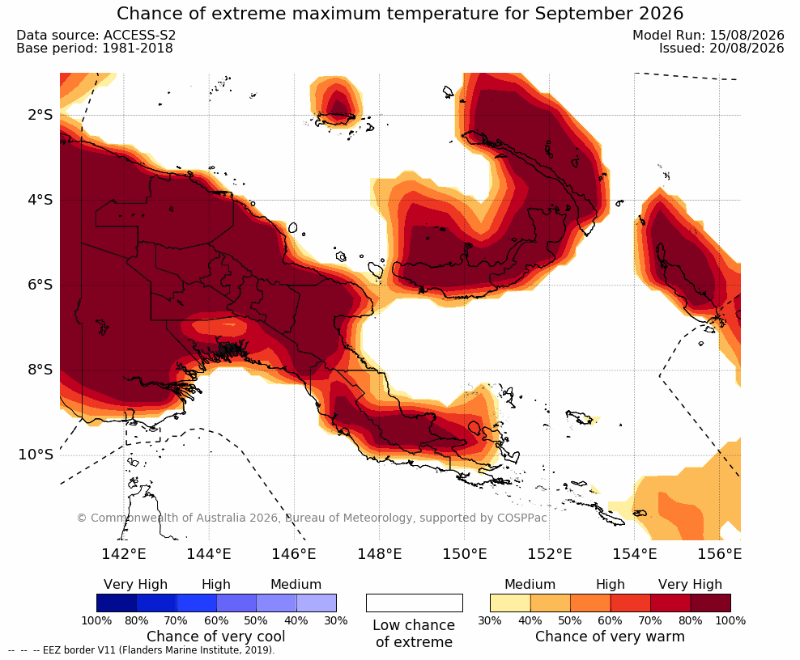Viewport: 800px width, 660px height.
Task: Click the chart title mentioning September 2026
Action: coord(400,14)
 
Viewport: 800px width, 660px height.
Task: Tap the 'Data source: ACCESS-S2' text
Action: coord(96,35)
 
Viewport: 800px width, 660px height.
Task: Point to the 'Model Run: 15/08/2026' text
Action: coord(709,35)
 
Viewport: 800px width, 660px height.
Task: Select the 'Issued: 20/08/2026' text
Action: coord(721,49)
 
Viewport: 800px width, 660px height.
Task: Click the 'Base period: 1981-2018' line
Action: coord(95,49)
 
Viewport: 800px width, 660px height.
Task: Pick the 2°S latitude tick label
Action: coord(40,115)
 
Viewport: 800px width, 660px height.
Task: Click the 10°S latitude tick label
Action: coord(36,455)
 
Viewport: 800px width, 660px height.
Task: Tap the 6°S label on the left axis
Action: coord(40,285)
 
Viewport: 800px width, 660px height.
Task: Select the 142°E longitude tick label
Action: coord(124,553)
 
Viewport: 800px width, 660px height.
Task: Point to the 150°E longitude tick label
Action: coord(464,553)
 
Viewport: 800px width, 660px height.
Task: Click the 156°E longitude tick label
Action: coord(719,553)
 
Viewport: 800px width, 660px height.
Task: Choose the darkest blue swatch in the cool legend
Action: coord(117,603)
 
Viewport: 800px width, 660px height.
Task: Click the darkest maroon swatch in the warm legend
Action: coord(710,603)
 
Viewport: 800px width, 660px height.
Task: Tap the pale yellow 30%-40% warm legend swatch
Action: coord(510,603)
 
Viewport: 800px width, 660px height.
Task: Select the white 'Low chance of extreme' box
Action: coord(415,603)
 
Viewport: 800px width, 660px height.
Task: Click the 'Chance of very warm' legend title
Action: coord(610,637)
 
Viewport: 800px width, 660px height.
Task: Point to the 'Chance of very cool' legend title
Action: coord(216,637)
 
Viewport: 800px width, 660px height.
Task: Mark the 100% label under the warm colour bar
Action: coord(730,620)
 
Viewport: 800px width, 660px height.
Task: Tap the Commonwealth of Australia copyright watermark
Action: coord(312,518)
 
